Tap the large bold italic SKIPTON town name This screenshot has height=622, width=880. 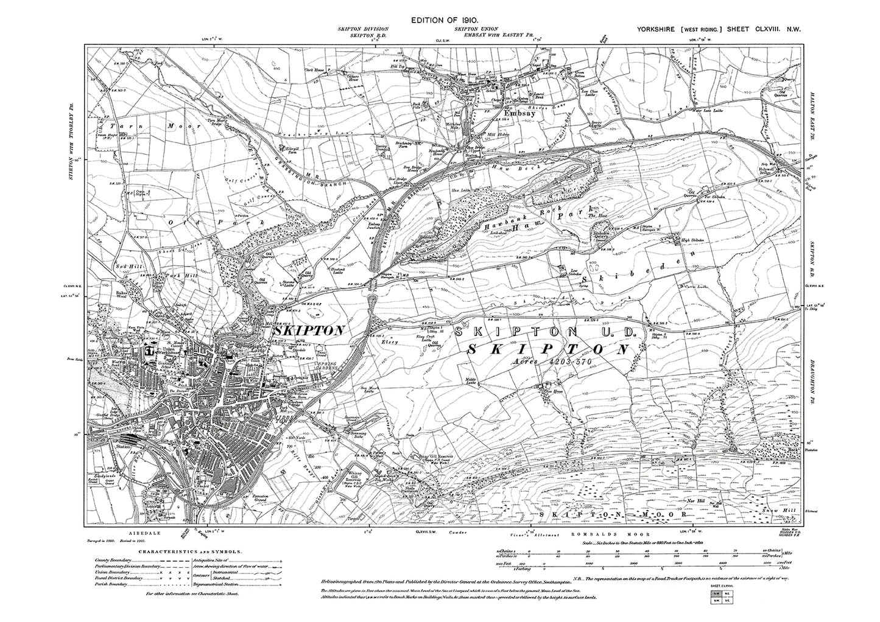(x=310, y=330)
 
